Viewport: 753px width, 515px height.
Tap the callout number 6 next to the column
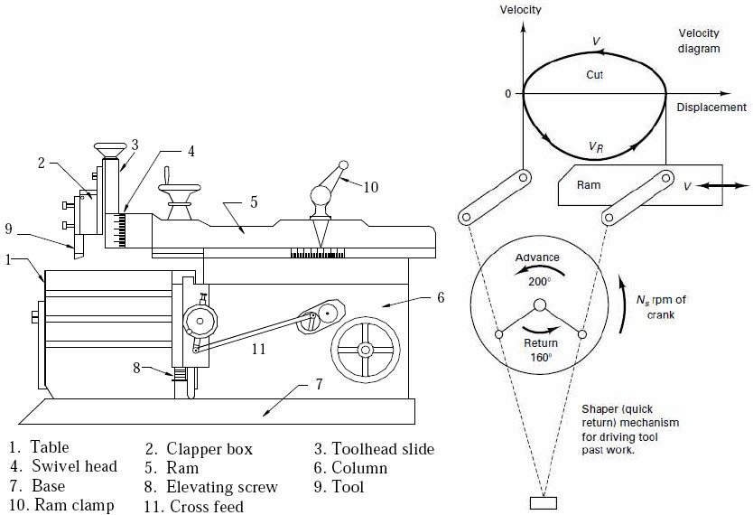point(440,296)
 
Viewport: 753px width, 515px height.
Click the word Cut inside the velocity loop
point(594,75)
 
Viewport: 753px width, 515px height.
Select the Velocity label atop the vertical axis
point(524,9)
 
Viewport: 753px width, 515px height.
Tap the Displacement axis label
point(711,108)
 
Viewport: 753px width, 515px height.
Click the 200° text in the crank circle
point(537,281)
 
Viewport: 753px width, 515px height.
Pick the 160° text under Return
point(539,356)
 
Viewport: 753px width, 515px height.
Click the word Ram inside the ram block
point(589,185)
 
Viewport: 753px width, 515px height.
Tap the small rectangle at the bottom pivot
point(543,502)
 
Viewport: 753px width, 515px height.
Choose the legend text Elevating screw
point(223,487)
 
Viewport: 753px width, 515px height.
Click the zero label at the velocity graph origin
point(508,93)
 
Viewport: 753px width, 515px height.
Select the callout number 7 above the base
point(317,383)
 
